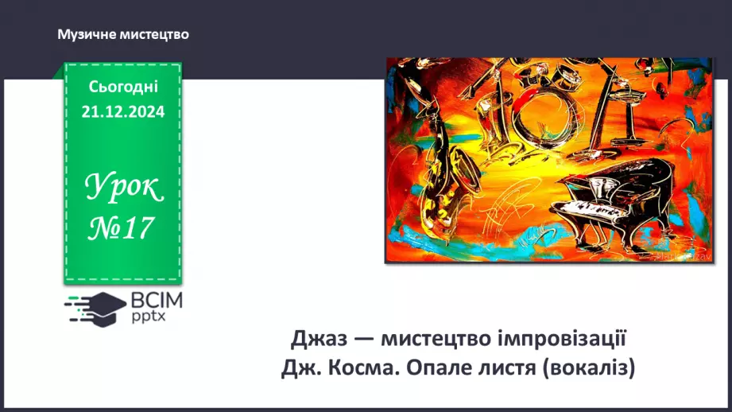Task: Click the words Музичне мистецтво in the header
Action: click(x=122, y=35)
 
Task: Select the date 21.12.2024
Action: click(x=123, y=112)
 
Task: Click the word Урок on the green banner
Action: click(x=124, y=188)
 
